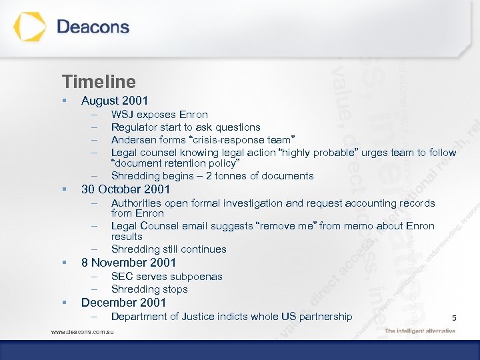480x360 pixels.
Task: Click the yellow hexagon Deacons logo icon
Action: [x=30, y=27]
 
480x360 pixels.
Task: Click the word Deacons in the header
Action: [x=93, y=27]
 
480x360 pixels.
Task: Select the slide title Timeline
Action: [x=99, y=82]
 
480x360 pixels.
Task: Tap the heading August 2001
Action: [x=114, y=101]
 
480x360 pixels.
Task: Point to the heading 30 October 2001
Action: [x=125, y=189]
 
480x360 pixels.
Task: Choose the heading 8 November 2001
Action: [x=128, y=263]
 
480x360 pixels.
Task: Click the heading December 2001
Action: [x=123, y=303]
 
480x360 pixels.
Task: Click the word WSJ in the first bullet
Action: [x=122, y=115]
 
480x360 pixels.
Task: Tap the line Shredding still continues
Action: [x=169, y=249]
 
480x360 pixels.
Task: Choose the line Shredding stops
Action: [x=149, y=289]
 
